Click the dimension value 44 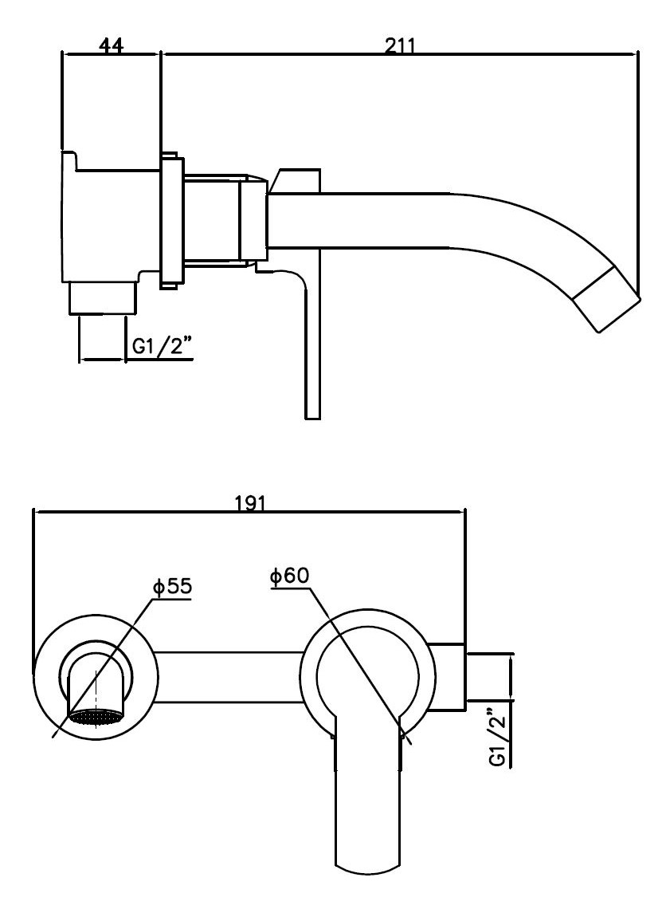pos(111,46)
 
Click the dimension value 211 pos(399,46)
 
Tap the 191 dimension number pos(250,503)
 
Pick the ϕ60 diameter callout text pos(289,576)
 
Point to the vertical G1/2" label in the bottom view pos(498,737)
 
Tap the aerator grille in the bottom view pos(96,715)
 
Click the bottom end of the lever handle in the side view pos(312,411)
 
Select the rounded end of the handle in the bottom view pos(366,861)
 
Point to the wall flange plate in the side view pos(171,219)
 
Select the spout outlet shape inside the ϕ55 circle pos(96,682)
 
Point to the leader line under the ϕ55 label pos(104,670)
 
